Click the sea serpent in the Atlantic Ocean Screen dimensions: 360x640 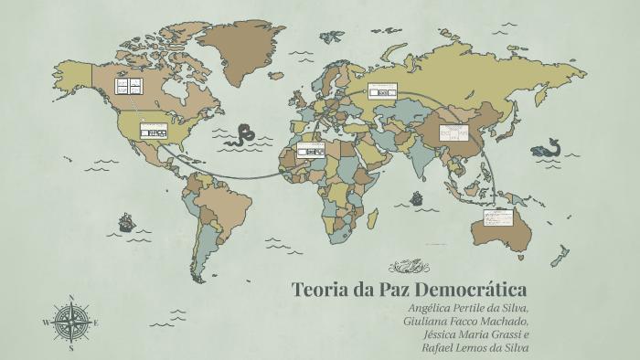pyautogui.click(x=242, y=135)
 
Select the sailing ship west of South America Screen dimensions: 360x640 pyautogui.click(x=126, y=221)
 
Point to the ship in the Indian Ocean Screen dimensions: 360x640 pyautogui.click(x=417, y=197)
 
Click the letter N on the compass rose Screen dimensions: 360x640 pyautogui.click(x=71, y=298)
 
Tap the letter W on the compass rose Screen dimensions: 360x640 pyautogui.click(x=46, y=323)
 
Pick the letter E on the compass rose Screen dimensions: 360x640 pyautogui.click(x=96, y=323)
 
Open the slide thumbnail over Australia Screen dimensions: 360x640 pyautogui.click(x=498, y=218)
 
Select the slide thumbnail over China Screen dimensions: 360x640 pyautogui.click(x=453, y=133)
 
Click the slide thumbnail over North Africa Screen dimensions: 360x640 pyautogui.click(x=310, y=151)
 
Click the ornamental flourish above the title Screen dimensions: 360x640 pyautogui.click(x=409, y=267)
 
